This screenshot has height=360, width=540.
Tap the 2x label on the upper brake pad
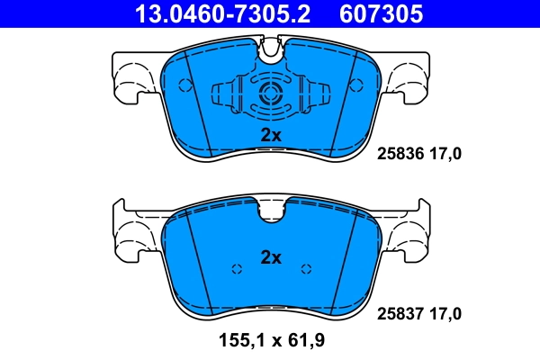point(271,135)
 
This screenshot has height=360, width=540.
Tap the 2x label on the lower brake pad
point(271,257)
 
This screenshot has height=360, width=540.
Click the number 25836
point(394,154)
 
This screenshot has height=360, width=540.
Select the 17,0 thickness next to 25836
point(445,154)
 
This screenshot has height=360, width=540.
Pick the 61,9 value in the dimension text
point(307,342)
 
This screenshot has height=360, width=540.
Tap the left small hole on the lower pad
point(237,268)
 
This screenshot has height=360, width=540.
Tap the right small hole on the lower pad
point(306,268)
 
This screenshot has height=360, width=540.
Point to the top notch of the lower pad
point(271,211)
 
